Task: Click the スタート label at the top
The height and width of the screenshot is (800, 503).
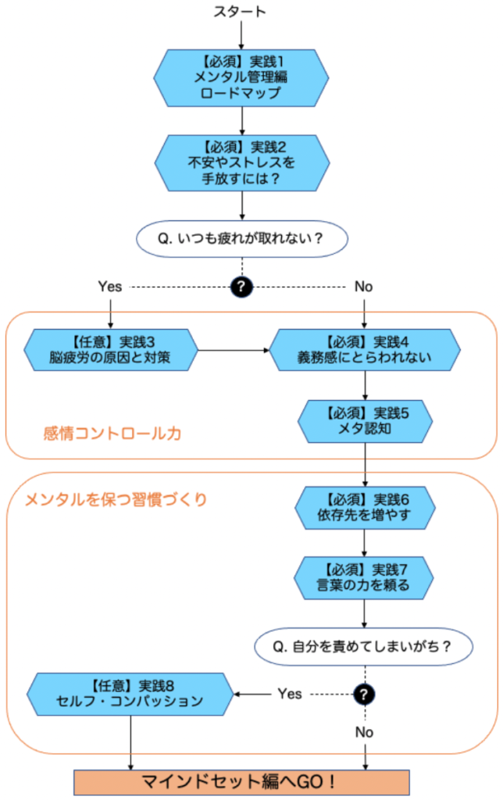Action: point(241,11)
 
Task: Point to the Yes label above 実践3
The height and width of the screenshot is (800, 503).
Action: point(110,287)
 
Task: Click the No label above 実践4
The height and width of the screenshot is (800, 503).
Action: point(364,287)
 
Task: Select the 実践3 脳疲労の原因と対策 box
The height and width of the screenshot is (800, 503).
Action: point(111,349)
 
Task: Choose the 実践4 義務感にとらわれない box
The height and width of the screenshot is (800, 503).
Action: point(365,349)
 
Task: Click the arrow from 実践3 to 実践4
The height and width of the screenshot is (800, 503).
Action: point(234,349)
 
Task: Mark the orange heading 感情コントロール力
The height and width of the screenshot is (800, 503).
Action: point(112,432)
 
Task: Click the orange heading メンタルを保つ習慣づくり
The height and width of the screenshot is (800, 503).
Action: point(116,500)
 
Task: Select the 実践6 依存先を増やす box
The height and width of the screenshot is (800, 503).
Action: point(365,508)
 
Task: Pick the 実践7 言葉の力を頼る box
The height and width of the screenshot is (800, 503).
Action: point(365,577)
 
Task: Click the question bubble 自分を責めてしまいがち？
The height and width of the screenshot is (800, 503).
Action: point(365,647)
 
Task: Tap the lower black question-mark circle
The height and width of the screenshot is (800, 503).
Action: point(365,693)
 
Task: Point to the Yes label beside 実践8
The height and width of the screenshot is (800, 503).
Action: point(290,693)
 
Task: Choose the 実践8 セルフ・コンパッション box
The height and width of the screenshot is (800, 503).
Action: point(130,693)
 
